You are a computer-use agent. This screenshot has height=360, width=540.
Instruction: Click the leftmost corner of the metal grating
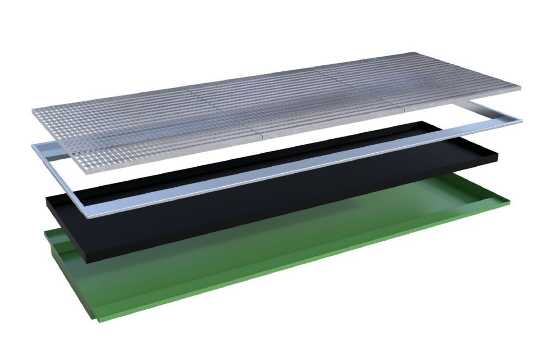(x=33, y=110)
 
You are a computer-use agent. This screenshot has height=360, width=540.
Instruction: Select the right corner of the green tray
(x=511, y=202)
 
